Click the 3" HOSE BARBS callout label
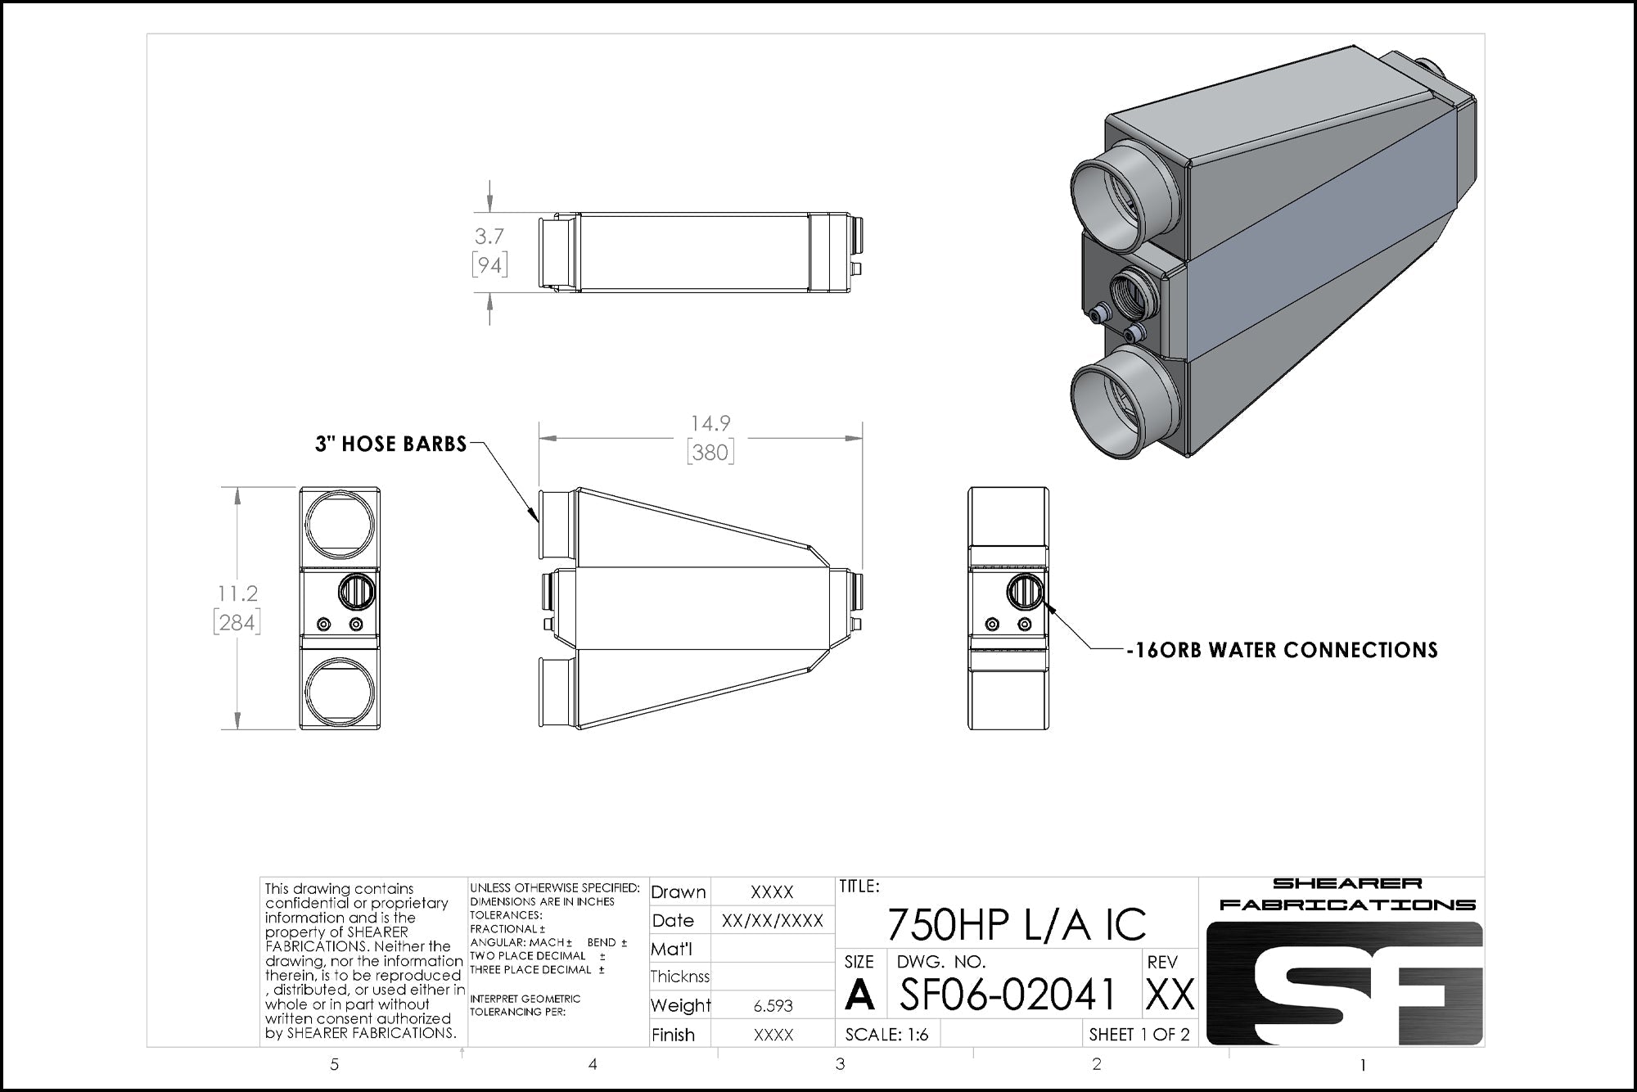coord(391,444)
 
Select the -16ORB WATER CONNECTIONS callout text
coord(1282,650)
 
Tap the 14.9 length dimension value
coord(710,423)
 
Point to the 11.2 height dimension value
coord(237,593)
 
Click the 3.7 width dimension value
coord(489,236)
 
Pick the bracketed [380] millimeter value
coord(710,452)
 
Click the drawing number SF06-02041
coord(1008,994)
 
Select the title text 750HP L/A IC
coord(1017,924)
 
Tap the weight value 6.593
coord(773,1006)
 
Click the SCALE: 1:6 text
coord(887,1034)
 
